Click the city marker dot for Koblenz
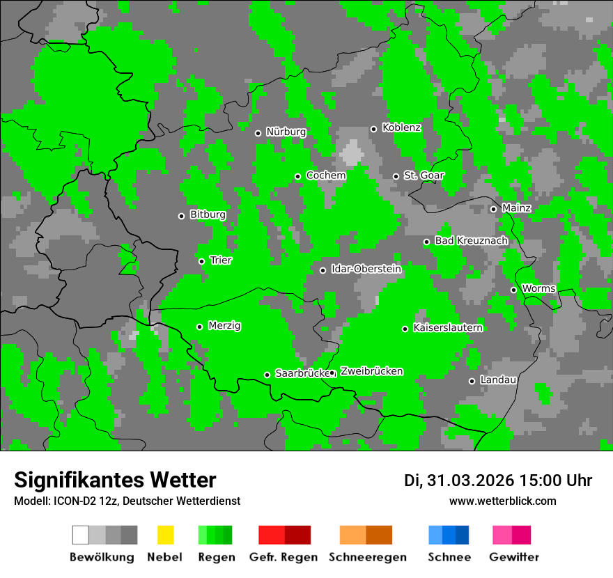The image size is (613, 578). point(374,129)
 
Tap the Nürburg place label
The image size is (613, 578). point(286,132)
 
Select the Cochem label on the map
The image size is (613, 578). point(325,175)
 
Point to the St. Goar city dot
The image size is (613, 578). point(396,176)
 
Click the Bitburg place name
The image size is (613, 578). point(208,215)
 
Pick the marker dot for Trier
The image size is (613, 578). point(202,261)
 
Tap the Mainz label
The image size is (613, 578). point(516,208)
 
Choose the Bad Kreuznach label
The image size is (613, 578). point(471,241)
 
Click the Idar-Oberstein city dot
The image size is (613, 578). point(323,270)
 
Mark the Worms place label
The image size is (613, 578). point(538,288)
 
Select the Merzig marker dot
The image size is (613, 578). point(200,327)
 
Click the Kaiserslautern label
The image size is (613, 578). point(448,328)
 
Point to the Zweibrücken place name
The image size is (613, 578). point(371,372)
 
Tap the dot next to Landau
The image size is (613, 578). point(472,381)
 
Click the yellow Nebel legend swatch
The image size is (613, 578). point(165,535)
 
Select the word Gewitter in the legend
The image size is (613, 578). point(514,557)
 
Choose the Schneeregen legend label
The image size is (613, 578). point(368,557)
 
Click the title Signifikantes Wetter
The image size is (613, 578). point(115,480)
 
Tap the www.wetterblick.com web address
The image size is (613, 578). point(502,501)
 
